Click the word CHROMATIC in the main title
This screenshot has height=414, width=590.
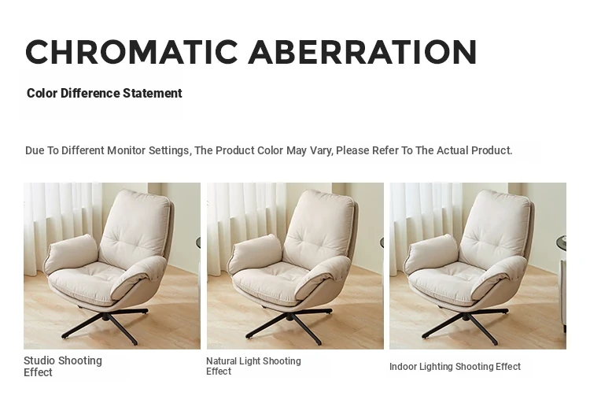[131, 52]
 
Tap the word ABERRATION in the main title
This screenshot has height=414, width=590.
[363, 52]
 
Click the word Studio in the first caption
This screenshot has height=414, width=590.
[39, 360]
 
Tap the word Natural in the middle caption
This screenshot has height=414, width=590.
[221, 361]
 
